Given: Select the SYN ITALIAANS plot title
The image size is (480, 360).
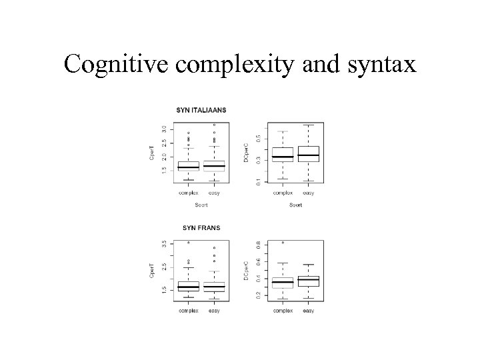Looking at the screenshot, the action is (201, 110).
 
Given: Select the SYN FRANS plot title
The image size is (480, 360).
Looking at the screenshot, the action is (201, 228).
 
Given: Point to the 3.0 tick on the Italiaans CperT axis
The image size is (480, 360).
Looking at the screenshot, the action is (165, 128).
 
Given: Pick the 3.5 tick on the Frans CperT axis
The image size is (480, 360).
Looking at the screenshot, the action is (165, 245).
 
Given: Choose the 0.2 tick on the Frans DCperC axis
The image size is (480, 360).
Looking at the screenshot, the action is (259, 294).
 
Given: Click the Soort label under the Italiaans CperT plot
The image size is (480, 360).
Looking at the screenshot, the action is (201, 205).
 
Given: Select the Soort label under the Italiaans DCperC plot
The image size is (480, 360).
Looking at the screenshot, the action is (295, 205).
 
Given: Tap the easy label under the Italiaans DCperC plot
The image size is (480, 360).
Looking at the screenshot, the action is (308, 193).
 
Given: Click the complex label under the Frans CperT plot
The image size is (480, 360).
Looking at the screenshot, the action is (188, 311).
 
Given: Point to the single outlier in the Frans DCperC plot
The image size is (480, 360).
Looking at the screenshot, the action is (283, 243).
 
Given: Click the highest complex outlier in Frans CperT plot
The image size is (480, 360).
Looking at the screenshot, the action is (189, 243).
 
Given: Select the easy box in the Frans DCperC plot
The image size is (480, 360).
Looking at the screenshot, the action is (308, 281).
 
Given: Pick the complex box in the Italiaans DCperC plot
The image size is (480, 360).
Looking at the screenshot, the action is (283, 155).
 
